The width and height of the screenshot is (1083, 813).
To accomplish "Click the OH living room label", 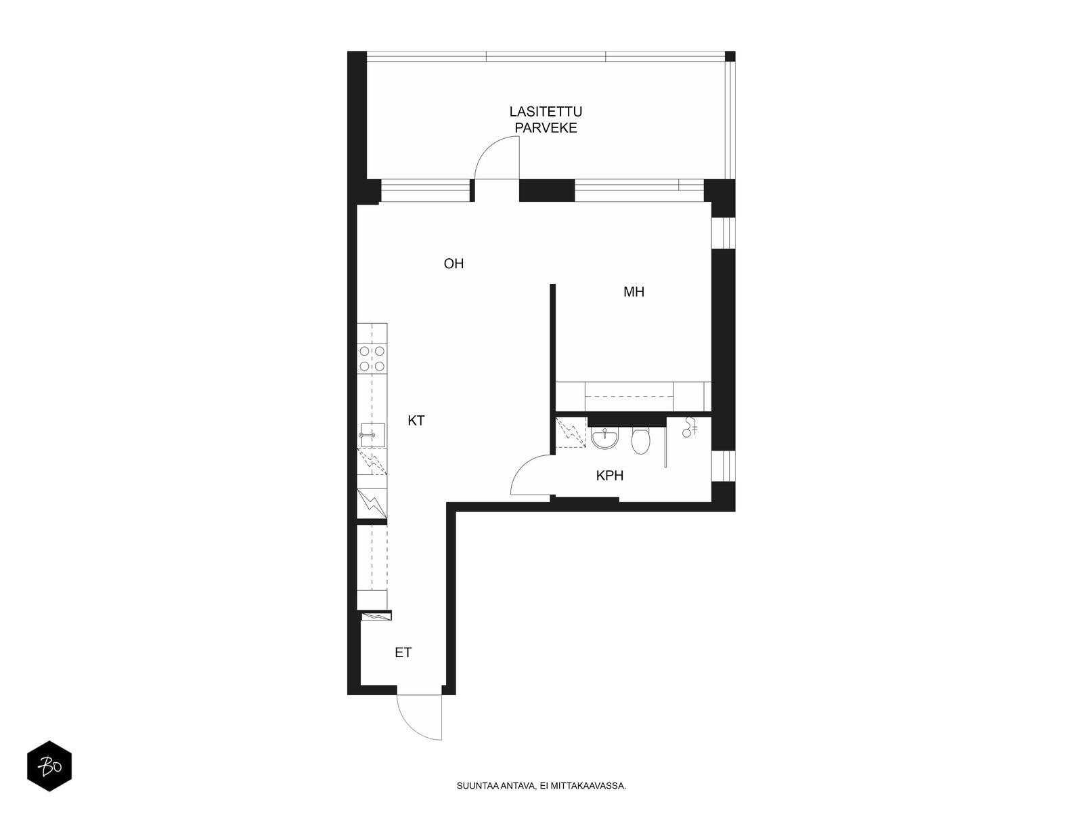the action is tap(454, 264).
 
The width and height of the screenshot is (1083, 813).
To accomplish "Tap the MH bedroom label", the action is tap(634, 292).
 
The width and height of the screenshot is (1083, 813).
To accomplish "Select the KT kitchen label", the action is tap(416, 421).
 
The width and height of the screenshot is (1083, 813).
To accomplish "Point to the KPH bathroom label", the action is tap(609, 476).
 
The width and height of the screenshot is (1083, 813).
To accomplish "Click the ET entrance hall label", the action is tap(403, 652).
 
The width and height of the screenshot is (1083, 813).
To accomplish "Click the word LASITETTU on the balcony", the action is tap(546, 112).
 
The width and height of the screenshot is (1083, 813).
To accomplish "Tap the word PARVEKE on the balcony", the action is tap(546, 128).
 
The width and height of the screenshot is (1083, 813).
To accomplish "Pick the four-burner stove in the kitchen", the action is tap(372, 358).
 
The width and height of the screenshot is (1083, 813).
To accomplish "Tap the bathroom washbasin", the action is tap(604, 438).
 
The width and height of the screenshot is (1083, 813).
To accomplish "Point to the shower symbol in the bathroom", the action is tap(689, 428).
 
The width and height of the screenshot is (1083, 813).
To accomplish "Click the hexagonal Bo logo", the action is tap(49, 766).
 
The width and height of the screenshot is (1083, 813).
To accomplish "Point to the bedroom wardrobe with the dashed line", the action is tap(633, 396).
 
